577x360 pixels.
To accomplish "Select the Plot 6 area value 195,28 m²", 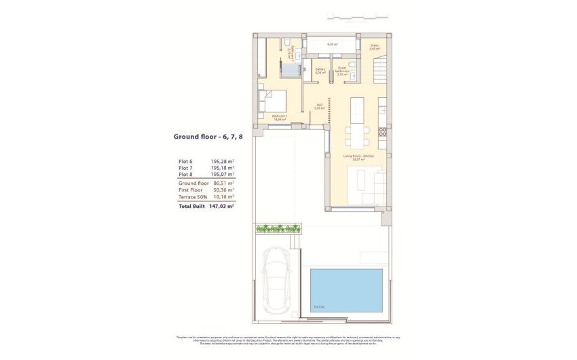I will coord(222,162).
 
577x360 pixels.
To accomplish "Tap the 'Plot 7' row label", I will coord(185,168).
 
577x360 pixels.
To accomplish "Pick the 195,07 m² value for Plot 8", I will coord(222,175).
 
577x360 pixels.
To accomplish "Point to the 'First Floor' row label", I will coord(192,190).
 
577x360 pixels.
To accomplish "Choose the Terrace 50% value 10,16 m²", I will coord(222,197).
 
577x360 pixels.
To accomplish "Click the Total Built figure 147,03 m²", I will coord(221,205).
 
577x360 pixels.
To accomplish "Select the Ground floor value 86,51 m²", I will coord(222,183).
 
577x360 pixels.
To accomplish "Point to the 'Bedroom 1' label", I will coord(280,116).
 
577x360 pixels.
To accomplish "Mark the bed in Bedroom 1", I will coord(272,103).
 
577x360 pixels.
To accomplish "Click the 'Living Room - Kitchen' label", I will coord(358,156).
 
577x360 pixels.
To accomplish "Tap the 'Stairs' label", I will coord(374,46).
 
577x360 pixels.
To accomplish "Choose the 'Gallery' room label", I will coord(320,69).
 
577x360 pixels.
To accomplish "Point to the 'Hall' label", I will coord(319,105).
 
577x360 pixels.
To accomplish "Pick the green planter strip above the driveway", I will coord(276,229).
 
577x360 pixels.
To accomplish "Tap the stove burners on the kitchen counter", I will coord(383,130).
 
